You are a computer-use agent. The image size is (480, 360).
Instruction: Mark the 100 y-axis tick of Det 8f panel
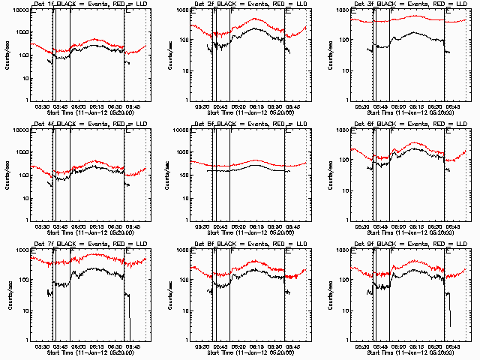click(183, 280)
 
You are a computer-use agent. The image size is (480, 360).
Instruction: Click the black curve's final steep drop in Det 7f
click(128, 315)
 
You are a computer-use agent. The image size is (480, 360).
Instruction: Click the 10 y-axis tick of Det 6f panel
click(346, 190)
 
